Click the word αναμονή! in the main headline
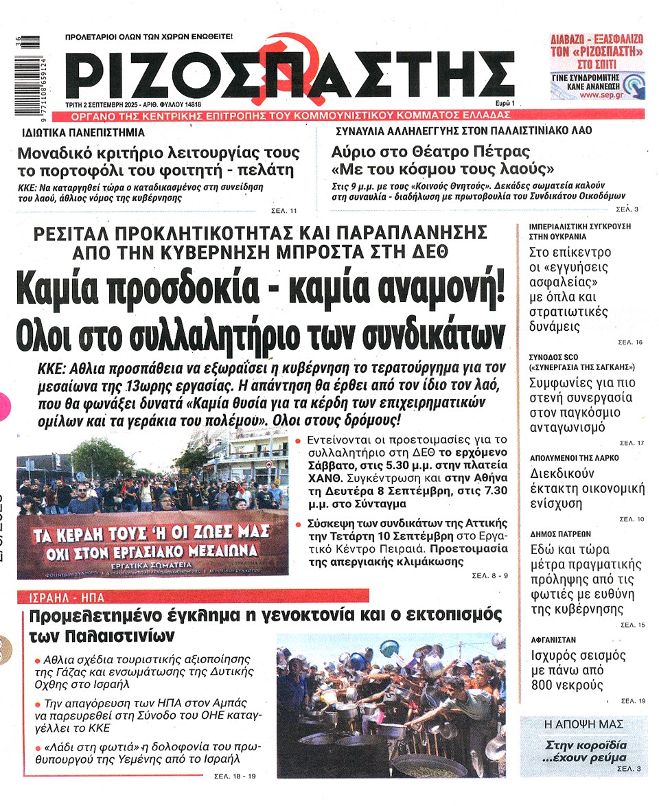(x=443, y=288)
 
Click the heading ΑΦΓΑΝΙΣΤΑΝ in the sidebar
(x=553, y=639)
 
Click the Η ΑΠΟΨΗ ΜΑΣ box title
(x=583, y=724)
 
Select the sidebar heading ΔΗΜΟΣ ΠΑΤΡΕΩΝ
(x=561, y=533)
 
